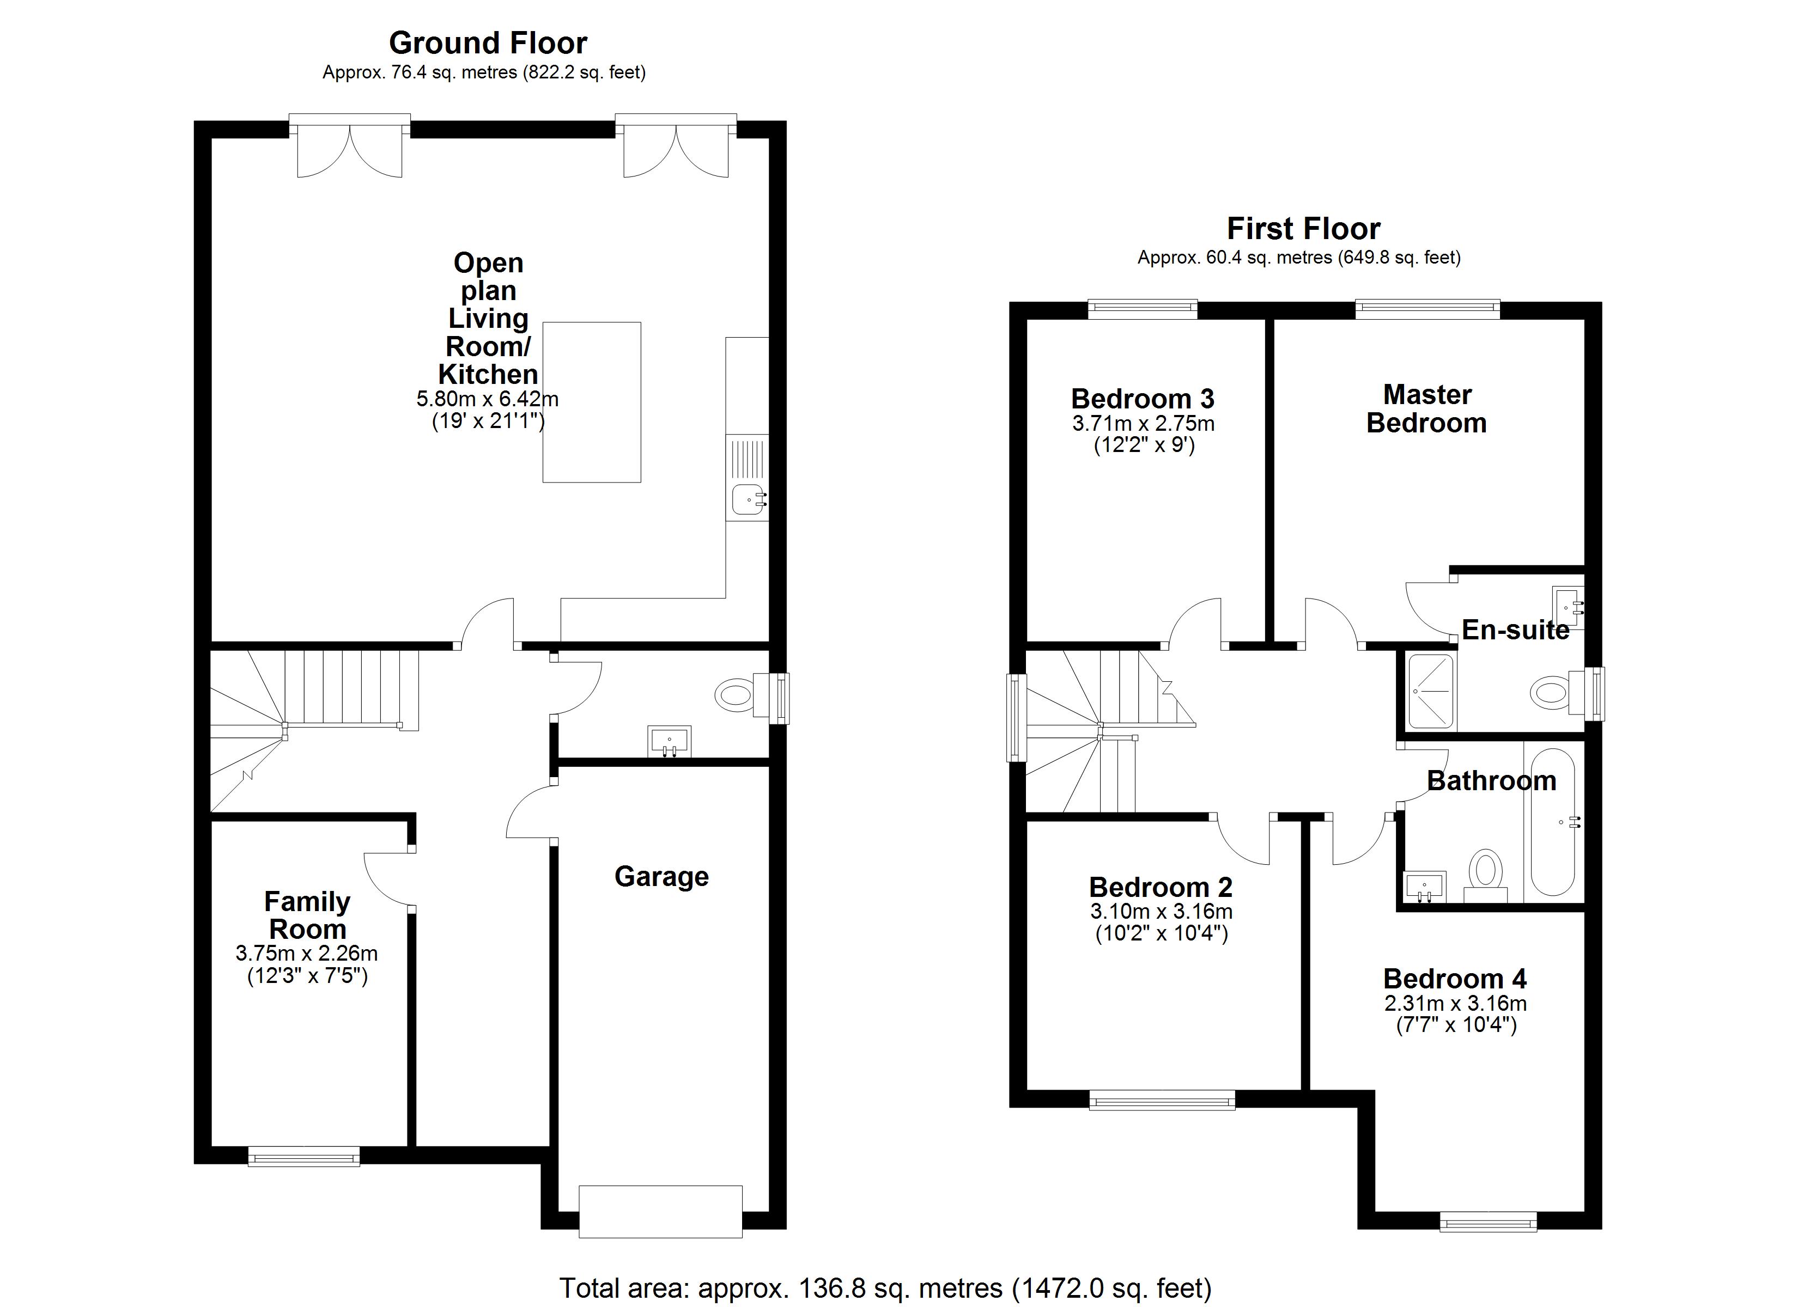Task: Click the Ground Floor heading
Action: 488,43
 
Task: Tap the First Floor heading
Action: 1303,229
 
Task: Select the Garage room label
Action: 661,877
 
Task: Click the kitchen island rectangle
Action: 591,402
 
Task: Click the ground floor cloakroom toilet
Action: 736,696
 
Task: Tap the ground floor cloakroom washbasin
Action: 669,742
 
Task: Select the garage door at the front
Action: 660,1211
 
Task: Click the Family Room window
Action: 303,1158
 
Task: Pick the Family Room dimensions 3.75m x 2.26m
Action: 307,954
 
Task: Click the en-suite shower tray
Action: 1431,691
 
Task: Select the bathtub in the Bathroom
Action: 1552,823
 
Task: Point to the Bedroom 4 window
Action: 1488,1223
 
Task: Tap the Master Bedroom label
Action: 1426,409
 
